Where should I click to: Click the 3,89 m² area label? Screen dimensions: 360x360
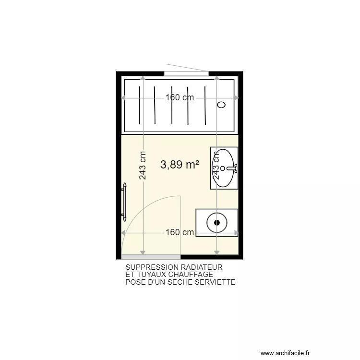[180, 165]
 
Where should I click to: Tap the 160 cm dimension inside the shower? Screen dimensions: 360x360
[180, 97]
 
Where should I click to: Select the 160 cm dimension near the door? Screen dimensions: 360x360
[180, 233]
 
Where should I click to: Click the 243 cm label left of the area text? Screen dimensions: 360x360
[143, 166]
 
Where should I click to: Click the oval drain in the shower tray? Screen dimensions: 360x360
[221, 105]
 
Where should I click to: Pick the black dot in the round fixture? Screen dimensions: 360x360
[217, 222]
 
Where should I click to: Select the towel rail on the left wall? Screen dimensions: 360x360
[124, 201]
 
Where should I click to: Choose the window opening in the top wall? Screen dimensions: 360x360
[186, 73]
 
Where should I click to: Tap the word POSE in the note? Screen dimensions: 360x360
[134, 282]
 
